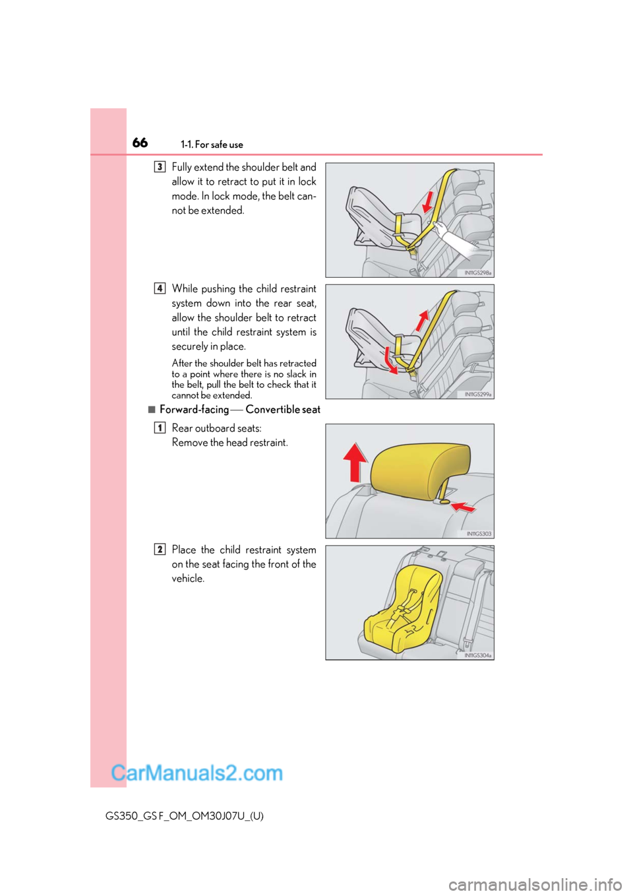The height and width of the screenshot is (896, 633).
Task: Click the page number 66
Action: click(x=140, y=143)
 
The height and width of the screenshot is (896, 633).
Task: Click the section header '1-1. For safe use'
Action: click(x=212, y=144)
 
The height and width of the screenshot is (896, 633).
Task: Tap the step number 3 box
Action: click(x=160, y=167)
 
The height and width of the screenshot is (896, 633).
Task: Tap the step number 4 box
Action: click(x=160, y=288)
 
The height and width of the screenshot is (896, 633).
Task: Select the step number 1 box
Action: click(x=160, y=428)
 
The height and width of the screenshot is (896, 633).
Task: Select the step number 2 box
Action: click(x=160, y=549)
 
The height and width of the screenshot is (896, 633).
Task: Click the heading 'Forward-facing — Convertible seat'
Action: click(x=240, y=410)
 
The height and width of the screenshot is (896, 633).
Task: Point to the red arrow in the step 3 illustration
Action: click(x=429, y=201)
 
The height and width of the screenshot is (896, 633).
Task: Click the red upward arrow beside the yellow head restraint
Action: click(x=355, y=462)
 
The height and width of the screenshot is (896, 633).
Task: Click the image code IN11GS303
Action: click(x=479, y=534)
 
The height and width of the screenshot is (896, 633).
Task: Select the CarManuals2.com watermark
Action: click(x=196, y=773)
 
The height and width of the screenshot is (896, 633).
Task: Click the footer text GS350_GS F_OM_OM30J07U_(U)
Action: click(x=184, y=816)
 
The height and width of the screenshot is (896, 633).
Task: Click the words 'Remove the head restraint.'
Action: click(x=229, y=443)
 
